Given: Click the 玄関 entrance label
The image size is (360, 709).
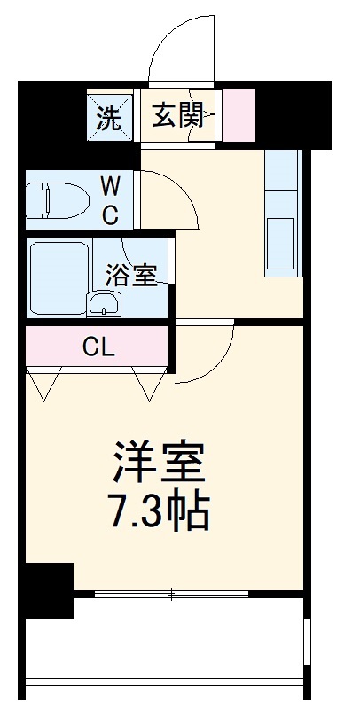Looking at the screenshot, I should coord(178,115).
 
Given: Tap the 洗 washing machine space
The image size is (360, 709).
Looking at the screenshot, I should coord(110,116).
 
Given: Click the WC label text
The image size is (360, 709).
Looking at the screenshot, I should coord(110,199).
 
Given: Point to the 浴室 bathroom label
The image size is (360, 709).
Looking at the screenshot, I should coord(131,276).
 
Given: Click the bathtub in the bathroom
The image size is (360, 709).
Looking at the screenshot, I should coord(58,276).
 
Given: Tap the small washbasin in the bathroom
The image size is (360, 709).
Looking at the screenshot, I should coord(104,305).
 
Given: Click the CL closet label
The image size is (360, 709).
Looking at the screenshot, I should coord(98,347).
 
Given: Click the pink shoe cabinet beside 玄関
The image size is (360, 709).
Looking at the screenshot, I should coord(238,116).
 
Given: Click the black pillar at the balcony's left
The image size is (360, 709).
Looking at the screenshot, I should coord(47,589).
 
